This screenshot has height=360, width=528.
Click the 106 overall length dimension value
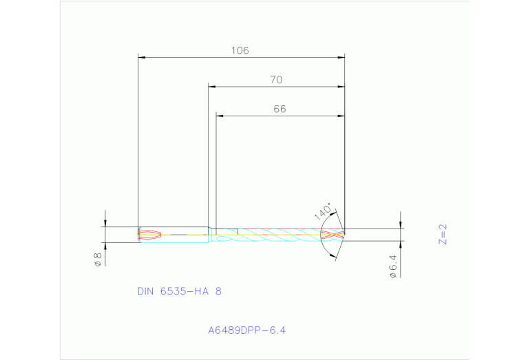(x=240, y=50)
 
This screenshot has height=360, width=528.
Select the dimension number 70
(x=276, y=80)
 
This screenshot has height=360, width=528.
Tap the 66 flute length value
(x=279, y=109)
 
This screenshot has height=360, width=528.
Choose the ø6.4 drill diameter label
(x=394, y=266)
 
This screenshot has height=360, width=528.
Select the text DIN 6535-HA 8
(x=180, y=291)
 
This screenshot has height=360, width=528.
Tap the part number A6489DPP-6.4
(x=246, y=330)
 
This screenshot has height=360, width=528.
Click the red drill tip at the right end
(x=333, y=235)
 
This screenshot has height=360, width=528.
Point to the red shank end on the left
(x=150, y=234)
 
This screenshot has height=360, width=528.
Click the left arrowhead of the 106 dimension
(x=142, y=56)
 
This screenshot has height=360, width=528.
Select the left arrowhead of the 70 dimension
(x=213, y=87)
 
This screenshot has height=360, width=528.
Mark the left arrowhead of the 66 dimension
(x=220, y=116)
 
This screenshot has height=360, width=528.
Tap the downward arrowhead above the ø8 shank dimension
(x=105, y=222)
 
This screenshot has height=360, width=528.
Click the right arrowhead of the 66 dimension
(x=341, y=116)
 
